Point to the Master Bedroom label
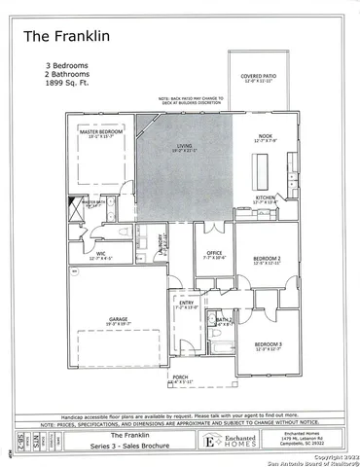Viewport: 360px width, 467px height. click(x=97, y=132)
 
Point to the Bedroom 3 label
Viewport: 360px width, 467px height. click(x=268, y=345)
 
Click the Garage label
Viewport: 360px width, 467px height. click(x=119, y=321)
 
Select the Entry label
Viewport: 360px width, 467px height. click(x=186, y=305)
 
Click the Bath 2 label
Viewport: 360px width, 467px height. click(x=223, y=320)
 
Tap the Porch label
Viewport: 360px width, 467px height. click(x=180, y=377)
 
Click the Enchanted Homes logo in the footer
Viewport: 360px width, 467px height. click(x=213, y=440)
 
